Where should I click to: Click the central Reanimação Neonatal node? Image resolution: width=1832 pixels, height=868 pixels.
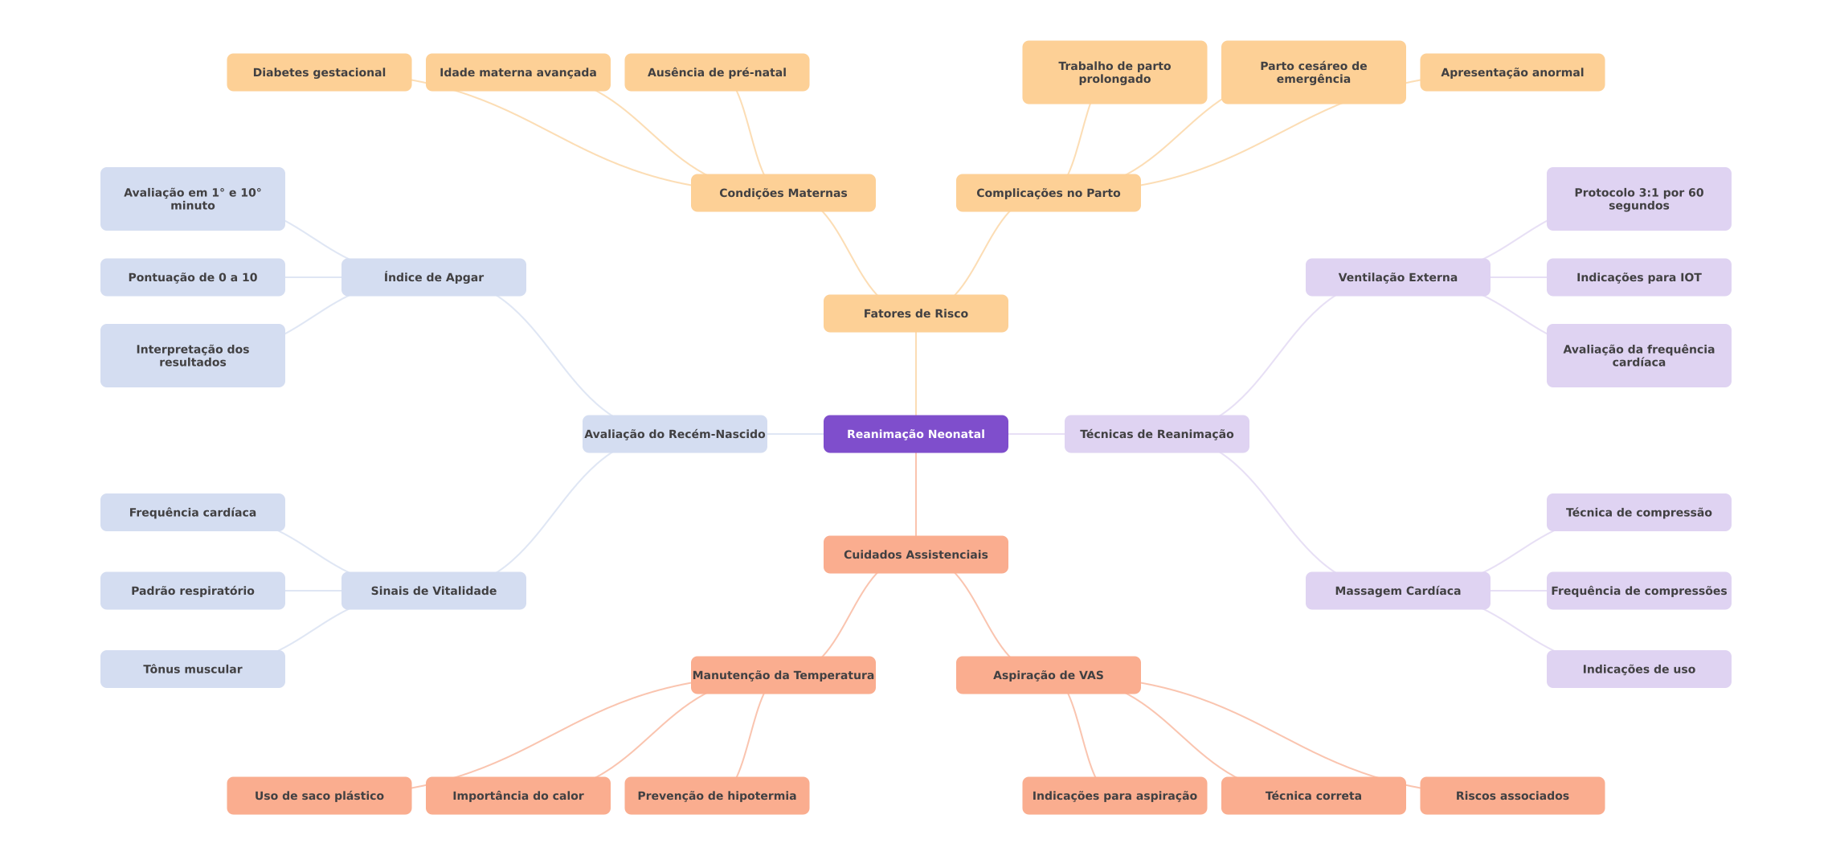click(915, 434)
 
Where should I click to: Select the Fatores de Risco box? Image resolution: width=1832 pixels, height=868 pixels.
click(915, 313)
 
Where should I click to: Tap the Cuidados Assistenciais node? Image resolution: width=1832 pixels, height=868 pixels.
click(915, 555)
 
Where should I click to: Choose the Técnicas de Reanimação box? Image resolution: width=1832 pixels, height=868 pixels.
click(1156, 434)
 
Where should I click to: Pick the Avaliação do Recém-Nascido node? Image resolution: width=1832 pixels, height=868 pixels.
click(674, 434)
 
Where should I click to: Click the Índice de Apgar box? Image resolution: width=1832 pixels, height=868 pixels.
click(433, 277)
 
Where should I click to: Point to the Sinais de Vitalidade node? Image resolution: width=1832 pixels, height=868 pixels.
click(433, 591)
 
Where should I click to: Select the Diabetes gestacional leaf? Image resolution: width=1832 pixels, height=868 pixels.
click(319, 72)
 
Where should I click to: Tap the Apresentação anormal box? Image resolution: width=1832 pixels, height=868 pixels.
click(1511, 72)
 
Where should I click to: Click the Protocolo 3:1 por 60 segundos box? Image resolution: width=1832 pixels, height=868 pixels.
click(1638, 199)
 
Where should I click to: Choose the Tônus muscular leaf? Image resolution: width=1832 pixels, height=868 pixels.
click(192, 669)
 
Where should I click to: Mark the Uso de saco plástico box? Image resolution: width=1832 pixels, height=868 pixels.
click(319, 796)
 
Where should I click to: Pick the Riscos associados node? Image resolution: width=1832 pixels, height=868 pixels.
click(1511, 796)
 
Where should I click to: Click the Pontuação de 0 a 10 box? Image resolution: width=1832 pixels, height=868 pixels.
click(192, 277)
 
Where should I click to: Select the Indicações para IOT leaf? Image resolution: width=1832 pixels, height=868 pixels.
click(1638, 277)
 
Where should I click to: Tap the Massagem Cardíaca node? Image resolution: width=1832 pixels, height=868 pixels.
click(1397, 591)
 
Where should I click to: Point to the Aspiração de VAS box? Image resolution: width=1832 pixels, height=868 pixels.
click(1048, 675)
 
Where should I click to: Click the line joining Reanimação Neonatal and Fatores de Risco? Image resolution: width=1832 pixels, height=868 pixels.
click(916, 374)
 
